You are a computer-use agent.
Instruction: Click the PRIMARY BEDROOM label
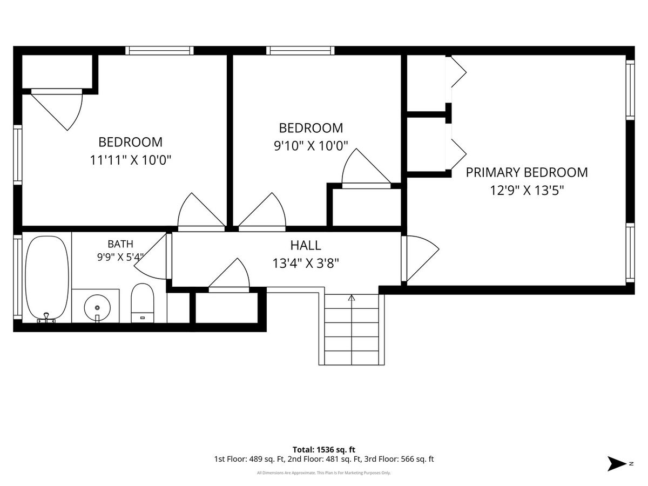click(526, 172)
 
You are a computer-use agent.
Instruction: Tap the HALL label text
click(306, 246)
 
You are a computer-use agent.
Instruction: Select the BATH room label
click(120, 244)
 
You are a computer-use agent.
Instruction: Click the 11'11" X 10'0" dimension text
click(131, 160)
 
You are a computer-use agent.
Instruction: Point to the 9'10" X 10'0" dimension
click(311, 146)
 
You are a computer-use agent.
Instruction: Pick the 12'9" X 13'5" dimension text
click(527, 190)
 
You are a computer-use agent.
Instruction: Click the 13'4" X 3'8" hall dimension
click(306, 263)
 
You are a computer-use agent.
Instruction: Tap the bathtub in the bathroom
click(47, 278)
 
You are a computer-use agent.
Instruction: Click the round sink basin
click(97, 308)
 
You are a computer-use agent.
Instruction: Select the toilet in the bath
click(143, 303)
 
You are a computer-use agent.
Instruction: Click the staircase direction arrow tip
click(352, 295)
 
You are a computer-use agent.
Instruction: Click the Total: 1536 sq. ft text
click(324, 450)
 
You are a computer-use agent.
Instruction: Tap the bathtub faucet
click(46, 318)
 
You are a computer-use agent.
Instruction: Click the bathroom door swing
click(150, 256)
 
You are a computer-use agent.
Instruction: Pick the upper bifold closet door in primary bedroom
click(458, 72)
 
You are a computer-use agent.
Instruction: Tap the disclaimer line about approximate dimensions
click(324, 473)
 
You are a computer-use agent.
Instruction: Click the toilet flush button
click(143, 318)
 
